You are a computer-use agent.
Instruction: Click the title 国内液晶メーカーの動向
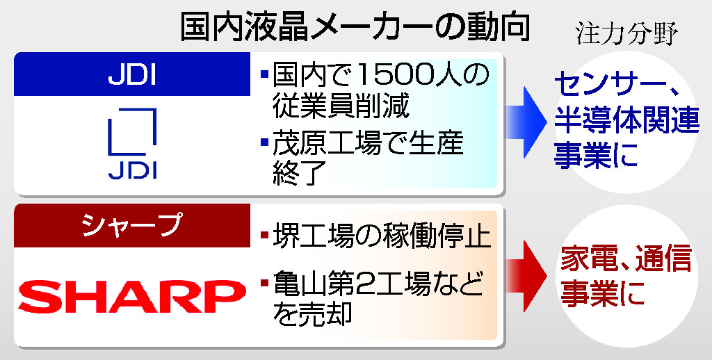(355, 28)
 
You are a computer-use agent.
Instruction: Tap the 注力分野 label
(627, 33)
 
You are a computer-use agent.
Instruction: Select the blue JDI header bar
(132, 74)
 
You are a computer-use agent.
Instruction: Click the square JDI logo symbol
(132, 131)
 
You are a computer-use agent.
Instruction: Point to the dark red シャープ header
(132, 225)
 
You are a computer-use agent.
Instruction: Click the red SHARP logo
(132, 297)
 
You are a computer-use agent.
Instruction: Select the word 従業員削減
(341, 105)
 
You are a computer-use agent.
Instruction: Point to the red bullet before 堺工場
(265, 235)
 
